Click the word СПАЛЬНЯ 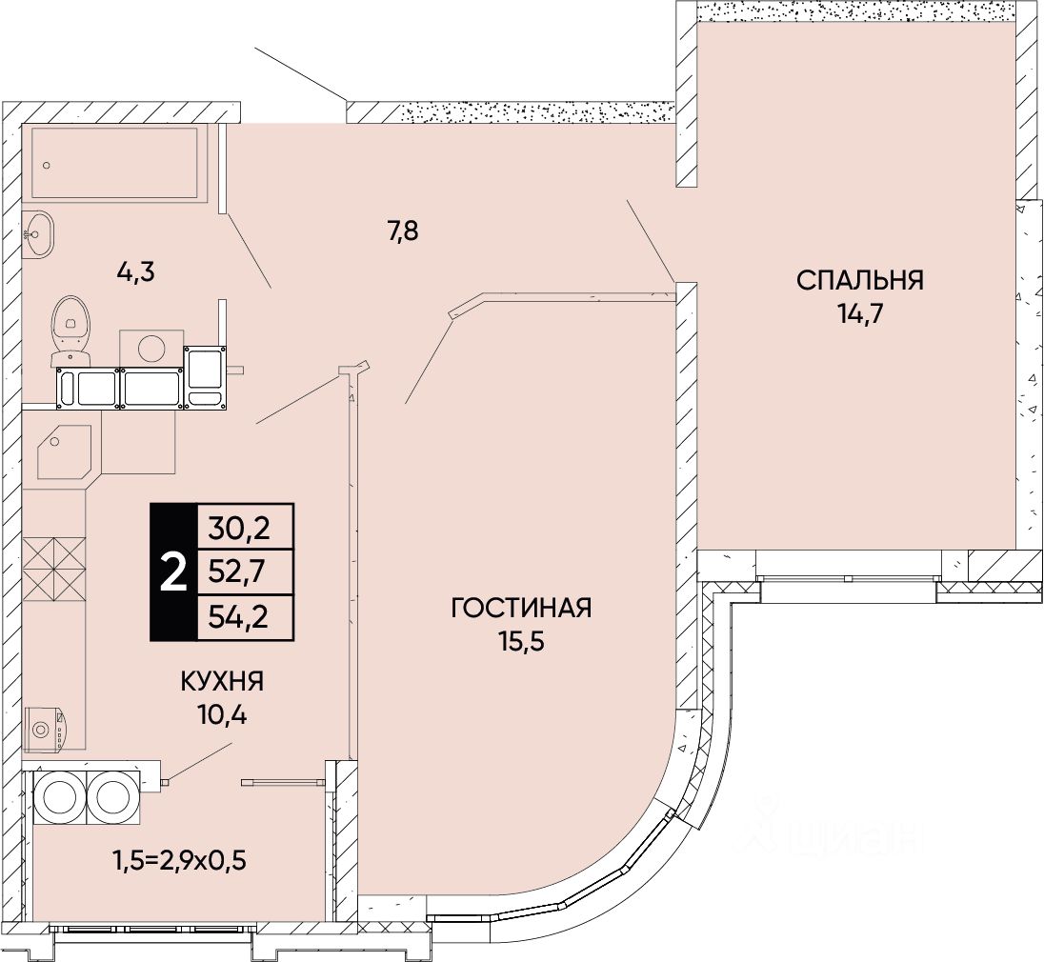(x=860, y=280)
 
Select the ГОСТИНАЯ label (x=521, y=608)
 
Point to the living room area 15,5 (x=521, y=641)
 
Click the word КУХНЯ (x=221, y=682)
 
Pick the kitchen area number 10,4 (x=221, y=715)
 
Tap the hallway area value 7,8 (x=403, y=230)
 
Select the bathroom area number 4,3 (x=135, y=272)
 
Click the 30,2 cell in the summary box (x=245, y=525)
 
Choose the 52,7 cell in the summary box (x=245, y=571)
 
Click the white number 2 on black (x=172, y=572)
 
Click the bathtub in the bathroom (x=114, y=163)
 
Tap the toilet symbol (x=71, y=329)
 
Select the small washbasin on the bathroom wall (x=39, y=231)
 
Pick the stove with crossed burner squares (x=54, y=569)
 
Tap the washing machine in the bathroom (x=151, y=346)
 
